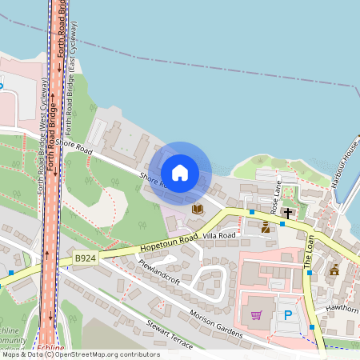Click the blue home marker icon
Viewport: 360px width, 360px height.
click(x=180, y=173)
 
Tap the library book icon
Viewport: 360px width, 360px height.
click(x=198, y=209)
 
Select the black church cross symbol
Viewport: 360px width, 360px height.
click(x=287, y=214)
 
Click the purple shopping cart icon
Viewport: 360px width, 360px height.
click(x=256, y=315)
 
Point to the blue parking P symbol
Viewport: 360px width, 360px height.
click(x=288, y=315)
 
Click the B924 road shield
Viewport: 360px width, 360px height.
click(x=85, y=258)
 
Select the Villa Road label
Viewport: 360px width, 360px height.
click(x=219, y=236)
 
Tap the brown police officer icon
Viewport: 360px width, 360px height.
click(x=266, y=228)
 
